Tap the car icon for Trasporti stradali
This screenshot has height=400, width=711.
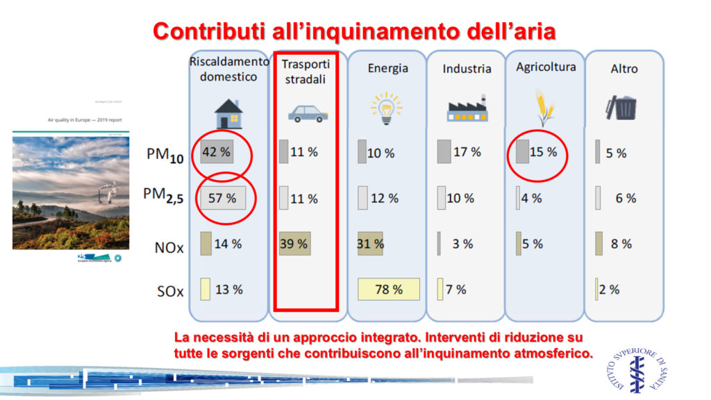(x=306, y=112)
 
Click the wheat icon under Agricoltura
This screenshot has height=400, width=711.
(x=543, y=107)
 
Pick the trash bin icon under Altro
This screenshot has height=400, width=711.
(x=621, y=108)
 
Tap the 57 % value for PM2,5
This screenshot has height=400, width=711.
(x=222, y=198)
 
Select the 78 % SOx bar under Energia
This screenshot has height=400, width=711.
(x=389, y=290)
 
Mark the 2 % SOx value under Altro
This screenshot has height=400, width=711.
(x=610, y=290)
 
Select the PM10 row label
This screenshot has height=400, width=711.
(x=165, y=155)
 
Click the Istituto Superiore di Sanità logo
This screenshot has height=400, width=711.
(x=637, y=366)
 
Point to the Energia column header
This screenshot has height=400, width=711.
(x=387, y=68)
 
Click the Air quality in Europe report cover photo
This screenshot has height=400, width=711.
(x=71, y=187)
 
